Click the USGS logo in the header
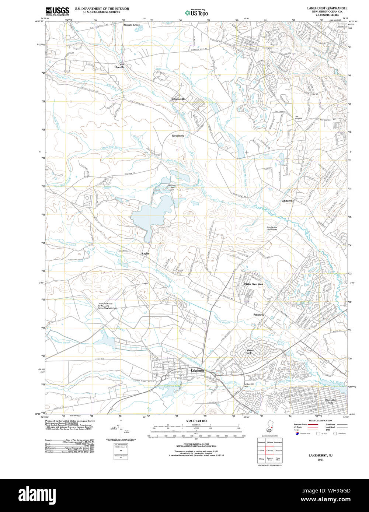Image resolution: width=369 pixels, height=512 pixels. [x=57, y=11]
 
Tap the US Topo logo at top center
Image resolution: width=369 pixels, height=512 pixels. [x=196, y=13]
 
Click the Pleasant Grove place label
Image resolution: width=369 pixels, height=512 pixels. [x=131, y=25]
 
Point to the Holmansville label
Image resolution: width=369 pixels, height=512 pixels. [x=178, y=99]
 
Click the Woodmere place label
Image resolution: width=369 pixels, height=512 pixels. [x=178, y=136]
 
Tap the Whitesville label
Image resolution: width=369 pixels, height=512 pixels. [x=288, y=201]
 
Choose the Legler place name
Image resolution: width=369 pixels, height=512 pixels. [x=146, y=254]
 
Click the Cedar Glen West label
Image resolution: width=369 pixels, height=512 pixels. [x=254, y=284]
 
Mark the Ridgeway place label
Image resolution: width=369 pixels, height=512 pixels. [x=259, y=315]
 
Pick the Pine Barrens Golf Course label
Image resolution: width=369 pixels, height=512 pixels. [x=272, y=228]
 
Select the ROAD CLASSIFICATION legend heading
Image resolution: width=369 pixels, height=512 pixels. [x=311, y=421]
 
